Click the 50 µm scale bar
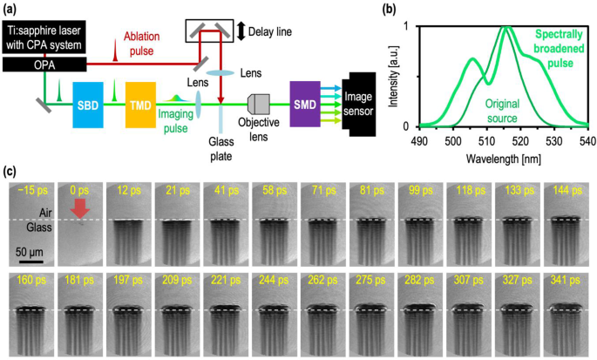pos(30,259)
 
